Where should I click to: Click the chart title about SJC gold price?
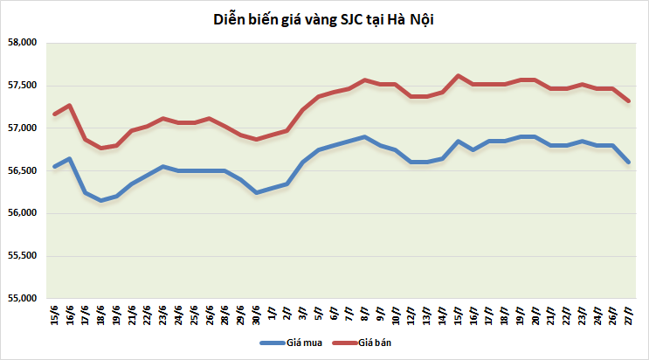tap(324, 19)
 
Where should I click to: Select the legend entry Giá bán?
tap(376, 343)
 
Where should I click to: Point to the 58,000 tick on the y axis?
tap(22, 43)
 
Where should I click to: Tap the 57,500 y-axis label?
tap(22, 86)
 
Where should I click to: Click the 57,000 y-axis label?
tap(22, 128)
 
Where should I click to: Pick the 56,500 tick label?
tap(22, 171)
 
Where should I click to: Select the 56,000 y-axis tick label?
tap(22, 213)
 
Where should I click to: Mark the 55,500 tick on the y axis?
tap(22, 256)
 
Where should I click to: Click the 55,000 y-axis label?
tap(22, 299)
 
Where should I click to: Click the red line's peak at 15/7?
tap(458, 75)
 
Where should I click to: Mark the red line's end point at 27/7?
tap(628, 100)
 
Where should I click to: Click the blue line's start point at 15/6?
tap(55, 166)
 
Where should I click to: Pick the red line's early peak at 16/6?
tap(70, 106)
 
